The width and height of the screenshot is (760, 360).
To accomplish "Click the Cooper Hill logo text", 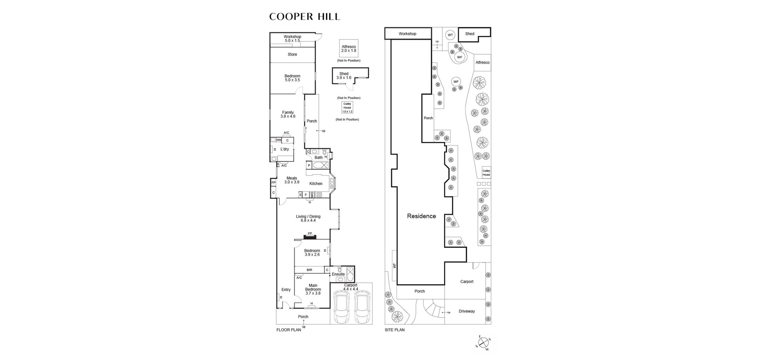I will (305, 17).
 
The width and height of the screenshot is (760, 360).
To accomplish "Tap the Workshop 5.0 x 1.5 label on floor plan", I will (292, 39).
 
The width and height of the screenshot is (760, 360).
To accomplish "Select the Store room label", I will (292, 54).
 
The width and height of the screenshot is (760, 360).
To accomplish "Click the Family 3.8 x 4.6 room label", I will (288, 114).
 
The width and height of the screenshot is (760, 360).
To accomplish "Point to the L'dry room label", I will (285, 149).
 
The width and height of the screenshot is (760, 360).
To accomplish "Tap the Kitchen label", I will (316, 184).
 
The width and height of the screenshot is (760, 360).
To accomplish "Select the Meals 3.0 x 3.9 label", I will (292, 180).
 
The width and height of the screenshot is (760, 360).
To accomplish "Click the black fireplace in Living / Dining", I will (310, 236).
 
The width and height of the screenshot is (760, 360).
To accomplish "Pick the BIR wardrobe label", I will (309, 270).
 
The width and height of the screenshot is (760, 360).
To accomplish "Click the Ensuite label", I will (338, 274).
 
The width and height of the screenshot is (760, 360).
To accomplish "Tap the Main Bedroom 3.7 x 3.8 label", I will (313, 289).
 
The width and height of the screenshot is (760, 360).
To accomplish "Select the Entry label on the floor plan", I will (286, 290).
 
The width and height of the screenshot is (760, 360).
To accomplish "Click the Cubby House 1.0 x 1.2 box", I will (347, 107).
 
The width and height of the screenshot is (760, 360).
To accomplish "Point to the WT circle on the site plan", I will (450, 35).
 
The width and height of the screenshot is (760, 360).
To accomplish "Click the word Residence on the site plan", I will (421, 216).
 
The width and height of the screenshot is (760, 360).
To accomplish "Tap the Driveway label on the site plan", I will (466, 311).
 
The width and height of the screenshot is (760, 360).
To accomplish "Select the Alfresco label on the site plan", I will (482, 62).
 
